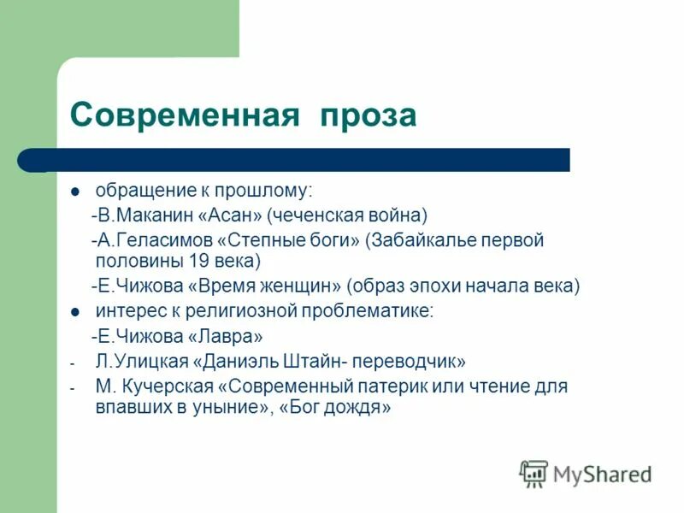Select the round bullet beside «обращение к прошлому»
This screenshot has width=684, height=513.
[76, 191]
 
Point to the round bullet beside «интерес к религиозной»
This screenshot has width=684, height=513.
[76, 312]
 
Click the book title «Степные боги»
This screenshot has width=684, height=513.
[288, 240]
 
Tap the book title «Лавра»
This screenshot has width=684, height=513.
[225, 336]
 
